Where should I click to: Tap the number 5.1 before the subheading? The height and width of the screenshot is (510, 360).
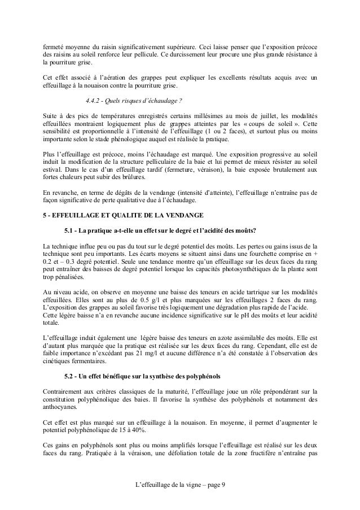pos(71,230)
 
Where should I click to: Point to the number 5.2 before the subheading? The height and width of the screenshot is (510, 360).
pos(71,376)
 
